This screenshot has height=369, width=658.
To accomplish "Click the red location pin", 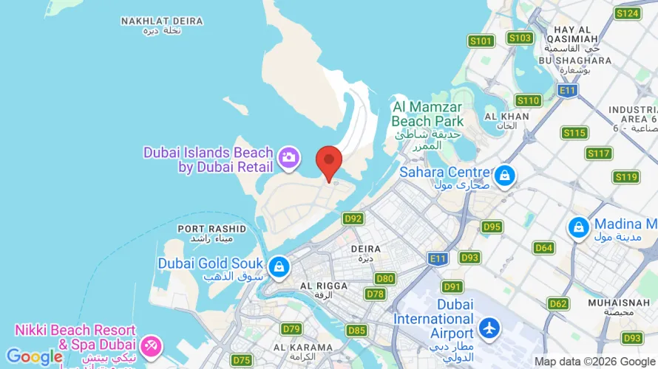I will point(329,162).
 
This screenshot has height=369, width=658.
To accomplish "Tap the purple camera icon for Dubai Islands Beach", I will point(287,156).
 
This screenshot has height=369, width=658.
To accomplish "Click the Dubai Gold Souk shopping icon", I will point(279,266).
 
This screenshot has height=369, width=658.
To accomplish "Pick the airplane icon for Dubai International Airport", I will point(489,327).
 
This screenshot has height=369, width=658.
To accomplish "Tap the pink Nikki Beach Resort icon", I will point(152,344).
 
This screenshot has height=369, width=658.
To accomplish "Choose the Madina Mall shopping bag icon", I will point(578,227).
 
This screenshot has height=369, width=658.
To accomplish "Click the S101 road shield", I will point(481,41).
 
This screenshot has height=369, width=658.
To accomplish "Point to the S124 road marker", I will point(627,13).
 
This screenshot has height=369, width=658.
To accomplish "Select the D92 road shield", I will point(353,218).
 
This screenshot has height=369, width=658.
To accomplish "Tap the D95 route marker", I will point(492,227).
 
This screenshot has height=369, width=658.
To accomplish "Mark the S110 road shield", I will point(529,100).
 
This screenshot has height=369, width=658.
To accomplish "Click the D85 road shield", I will point(356,330).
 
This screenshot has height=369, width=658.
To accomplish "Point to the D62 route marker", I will point(558,303).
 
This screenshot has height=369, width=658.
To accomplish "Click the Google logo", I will point(35,357).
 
